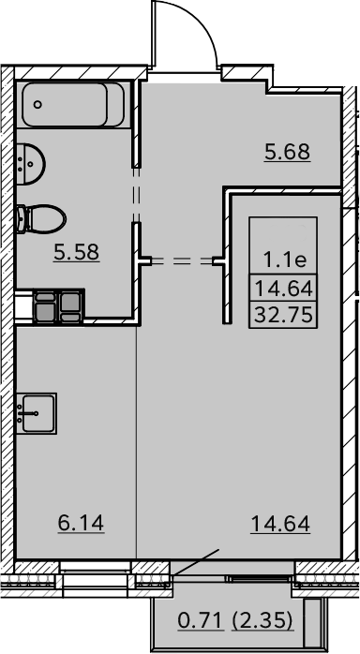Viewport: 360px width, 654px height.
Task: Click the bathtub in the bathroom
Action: coord(73,104)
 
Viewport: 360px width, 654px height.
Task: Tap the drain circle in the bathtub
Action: coord(37,104)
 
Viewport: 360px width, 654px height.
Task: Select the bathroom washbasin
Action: coord(30,163)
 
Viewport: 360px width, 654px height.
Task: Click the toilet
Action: coord(41,219)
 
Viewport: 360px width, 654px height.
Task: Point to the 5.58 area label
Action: coord(76,252)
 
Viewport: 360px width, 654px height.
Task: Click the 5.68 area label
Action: coord(288,152)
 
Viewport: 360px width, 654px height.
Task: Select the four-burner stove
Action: coord(58,306)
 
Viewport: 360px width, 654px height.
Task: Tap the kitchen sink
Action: coord(37,413)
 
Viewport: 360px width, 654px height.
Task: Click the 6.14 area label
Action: coord(81,523)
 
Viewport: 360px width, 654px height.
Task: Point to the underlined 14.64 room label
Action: coord(280,524)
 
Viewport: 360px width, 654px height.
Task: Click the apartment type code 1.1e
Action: coord(285,260)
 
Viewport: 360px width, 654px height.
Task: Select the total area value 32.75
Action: coord(283,315)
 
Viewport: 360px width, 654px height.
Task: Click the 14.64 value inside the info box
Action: coord(283,289)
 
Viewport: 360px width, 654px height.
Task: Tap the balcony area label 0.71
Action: coord(200,621)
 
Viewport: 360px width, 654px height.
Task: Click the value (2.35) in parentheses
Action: coord(262,621)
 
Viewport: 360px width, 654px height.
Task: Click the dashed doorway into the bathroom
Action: coord(137,195)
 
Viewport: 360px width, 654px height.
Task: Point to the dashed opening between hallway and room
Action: coord(182,261)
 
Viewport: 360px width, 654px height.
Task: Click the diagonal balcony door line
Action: coord(195,563)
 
